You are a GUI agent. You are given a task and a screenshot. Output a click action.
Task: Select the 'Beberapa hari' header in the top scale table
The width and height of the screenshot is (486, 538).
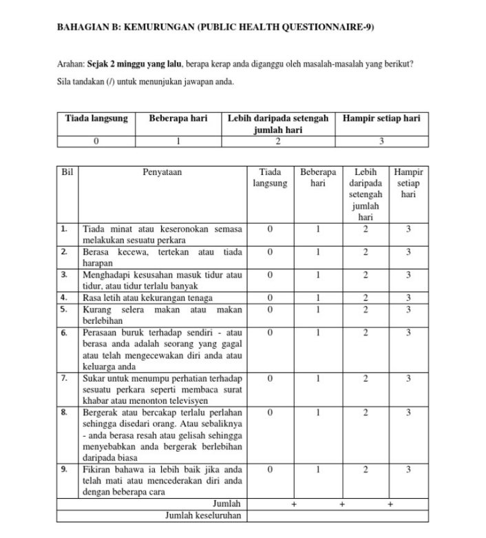pyautogui.click(x=178, y=118)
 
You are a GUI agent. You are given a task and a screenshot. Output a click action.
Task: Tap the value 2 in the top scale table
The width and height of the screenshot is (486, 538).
pyautogui.click(x=278, y=141)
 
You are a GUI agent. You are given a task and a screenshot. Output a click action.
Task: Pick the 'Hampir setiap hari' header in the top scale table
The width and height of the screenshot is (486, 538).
pyautogui.click(x=381, y=118)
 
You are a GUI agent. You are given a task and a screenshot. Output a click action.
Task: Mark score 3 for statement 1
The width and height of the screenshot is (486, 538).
pyautogui.click(x=408, y=228)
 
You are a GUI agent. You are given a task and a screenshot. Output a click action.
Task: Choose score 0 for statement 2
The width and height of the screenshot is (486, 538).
pyautogui.click(x=270, y=252)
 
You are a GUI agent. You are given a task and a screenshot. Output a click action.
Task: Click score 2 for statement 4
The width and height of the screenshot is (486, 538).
pyautogui.click(x=366, y=298)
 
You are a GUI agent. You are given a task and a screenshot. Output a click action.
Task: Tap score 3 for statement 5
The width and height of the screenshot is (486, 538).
pyautogui.click(x=408, y=309)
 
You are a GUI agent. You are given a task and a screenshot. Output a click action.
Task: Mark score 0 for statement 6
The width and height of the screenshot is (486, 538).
pyautogui.click(x=270, y=333)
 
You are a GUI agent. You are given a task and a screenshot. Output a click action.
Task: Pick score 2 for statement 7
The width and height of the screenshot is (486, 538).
pyautogui.click(x=366, y=378)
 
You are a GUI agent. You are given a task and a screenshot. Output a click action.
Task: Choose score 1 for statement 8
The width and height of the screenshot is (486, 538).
pyautogui.click(x=317, y=413)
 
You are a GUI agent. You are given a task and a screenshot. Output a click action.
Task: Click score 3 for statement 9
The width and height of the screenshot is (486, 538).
pyautogui.click(x=408, y=470)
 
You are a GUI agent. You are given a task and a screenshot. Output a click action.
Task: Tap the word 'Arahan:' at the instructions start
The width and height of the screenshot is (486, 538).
pyautogui.click(x=71, y=64)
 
